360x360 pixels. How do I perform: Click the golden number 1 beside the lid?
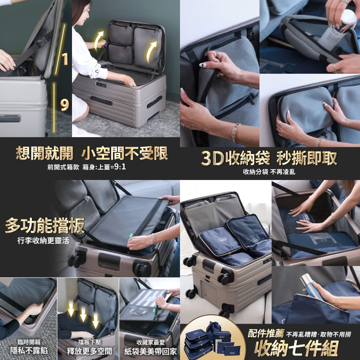click(x=65, y=59)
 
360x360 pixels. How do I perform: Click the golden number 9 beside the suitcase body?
click(x=64, y=105)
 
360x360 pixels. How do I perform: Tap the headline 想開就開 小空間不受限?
click(x=92, y=154)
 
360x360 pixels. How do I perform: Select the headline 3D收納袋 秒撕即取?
click(x=269, y=158)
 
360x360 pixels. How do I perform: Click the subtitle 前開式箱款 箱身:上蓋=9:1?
click(x=86, y=167)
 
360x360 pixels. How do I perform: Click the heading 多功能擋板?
click(x=45, y=225)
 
